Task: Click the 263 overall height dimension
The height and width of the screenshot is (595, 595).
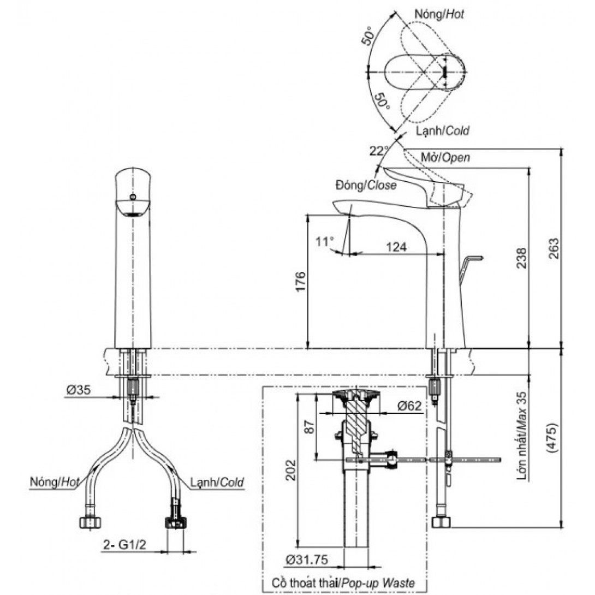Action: pyautogui.click(x=554, y=248)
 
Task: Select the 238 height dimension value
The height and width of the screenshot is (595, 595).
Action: pyautogui.click(x=522, y=258)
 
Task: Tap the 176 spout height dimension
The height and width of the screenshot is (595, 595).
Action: pyautogui.click(x=300, y=282)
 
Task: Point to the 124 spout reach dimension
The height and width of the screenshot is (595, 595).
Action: pyautogui.click(x=396, y=247)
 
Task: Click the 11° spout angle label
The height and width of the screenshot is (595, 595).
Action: pyautogui.click(x=325, y=241)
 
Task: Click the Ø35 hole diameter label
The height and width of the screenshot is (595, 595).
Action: pyautogui.click(x=79, y=390)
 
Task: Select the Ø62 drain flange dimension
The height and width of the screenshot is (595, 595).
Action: pyautogui.click(x=409, y=406)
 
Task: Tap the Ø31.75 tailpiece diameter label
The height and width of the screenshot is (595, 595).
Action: pyautogui.click(x=307, y=560)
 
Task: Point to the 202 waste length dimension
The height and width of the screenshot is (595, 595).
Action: pyautogui.click(x=290, y=471)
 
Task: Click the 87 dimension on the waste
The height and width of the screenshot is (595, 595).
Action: pyautogui.click(x=310, y=427)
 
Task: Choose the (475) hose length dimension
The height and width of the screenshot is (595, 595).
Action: pyautogui.click(x=552, y=438)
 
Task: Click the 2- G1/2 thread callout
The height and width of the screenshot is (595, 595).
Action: pyautogui.click(x=125, y=545)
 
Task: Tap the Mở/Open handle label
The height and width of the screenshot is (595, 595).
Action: pyautogui.click(x=445, y=157)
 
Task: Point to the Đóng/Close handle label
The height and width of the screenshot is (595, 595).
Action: pyautogui.click(x=366, y=185)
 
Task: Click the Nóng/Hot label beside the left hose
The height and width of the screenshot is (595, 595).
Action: pyautogui.click(x=55, y=483)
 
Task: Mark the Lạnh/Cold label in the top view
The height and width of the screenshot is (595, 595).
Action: pyautogui.click(x=443, y=131)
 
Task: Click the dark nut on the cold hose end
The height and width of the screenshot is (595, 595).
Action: pyautogui.click(x=175, y=522)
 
